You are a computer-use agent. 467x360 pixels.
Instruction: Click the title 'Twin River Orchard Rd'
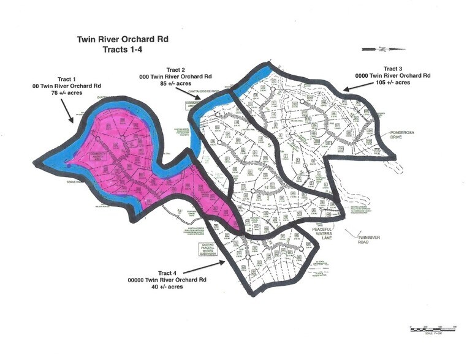pyautogui.click(x=122, y=39)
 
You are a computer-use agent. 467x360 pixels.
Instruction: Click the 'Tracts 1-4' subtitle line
pyautogui.click(x=122, y=50)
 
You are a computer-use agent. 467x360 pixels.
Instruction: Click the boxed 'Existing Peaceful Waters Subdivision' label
pyautogui.click(x=204, y=250)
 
